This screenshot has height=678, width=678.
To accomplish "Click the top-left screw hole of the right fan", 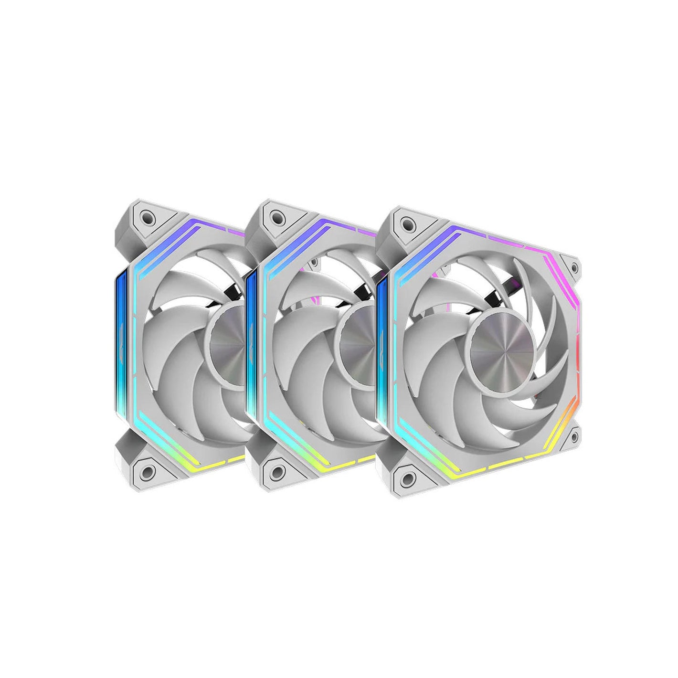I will pyautogui.click(x=407, y=223).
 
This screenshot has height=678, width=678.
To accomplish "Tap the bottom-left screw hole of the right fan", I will pyautogui.click(x=407, y=476).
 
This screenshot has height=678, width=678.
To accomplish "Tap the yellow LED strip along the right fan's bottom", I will pyautogui.click(x=487, y=475).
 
